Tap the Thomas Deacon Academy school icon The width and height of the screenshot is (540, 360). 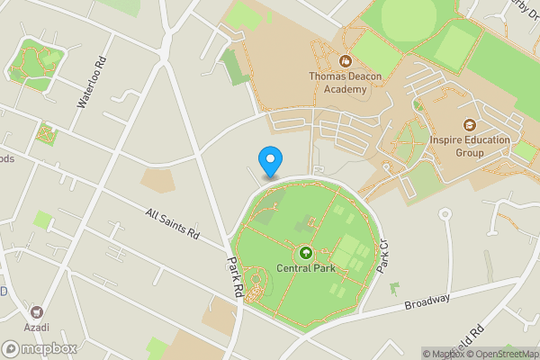tap(344, 61)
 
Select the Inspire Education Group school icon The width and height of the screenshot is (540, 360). tap(469, 125)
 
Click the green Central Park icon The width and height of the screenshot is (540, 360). tap(305, 254)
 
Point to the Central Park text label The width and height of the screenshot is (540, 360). tap(305, 268)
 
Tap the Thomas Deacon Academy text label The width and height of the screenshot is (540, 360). tap(345, 82)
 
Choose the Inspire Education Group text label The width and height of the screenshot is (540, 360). tap(470, 146)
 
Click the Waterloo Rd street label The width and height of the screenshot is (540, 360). tap(91, 84)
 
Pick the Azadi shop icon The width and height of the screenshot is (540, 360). tap(37, 310)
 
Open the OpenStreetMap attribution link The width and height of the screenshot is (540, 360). tap(502, 353)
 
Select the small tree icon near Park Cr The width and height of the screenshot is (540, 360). tap(394, 287)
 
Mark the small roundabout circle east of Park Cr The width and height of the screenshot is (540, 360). tap(444, 214)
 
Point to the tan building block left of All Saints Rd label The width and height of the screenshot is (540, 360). tap(157, 181)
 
